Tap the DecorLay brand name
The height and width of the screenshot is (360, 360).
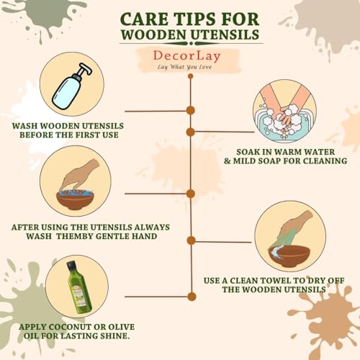pos(186,56)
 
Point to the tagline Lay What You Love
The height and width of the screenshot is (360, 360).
pos(184,67)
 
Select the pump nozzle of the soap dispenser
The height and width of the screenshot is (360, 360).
pos(85,69)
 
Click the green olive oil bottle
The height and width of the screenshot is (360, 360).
pos(79,287)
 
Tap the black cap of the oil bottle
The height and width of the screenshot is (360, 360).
pos(71,265)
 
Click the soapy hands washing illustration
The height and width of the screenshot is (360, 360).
pos(284,111)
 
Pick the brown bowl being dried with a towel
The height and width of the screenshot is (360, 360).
pos(289,256)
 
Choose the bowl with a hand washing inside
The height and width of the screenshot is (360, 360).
pos(75,199)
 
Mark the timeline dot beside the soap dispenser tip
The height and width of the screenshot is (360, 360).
pos(191,110)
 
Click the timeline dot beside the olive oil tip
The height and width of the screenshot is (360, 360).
pos(192,297)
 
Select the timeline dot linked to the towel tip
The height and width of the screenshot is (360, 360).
pos(191,240)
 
